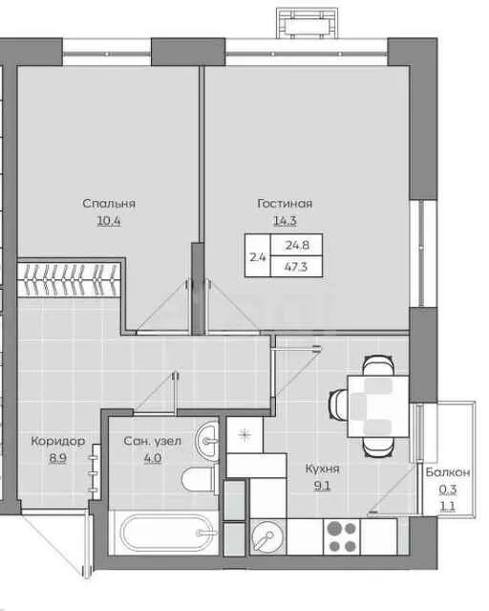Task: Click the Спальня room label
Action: click(109, 204)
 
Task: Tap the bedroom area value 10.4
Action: click(109, 221)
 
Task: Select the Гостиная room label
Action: click(285, 203)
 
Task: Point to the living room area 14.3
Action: click(285, 221)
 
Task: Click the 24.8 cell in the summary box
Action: click(297, 245)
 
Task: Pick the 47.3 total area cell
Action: click(296, 267)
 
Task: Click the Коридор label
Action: click(57, 441)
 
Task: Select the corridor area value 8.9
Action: click(57, 458)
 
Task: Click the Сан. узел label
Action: click(152, 441)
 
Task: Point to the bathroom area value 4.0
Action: click(153, 458)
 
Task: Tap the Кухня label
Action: click(323, 469)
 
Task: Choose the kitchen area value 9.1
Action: click(322, 486)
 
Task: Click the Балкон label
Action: click(448, 472)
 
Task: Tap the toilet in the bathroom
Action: click(201, 479)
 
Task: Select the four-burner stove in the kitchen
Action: click(342, 536)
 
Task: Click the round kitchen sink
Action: click(267, 536)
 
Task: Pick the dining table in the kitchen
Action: click(378, 406)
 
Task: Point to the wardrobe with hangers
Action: click(69, 279)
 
